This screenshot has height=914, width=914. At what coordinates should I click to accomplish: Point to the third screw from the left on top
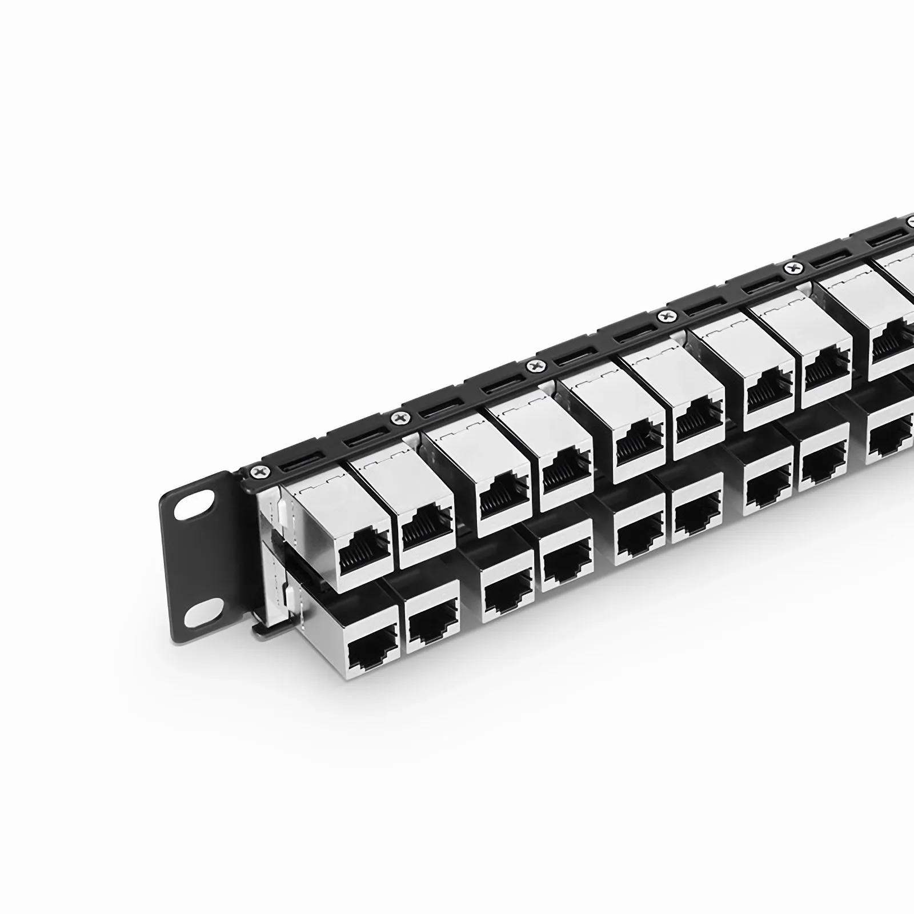[535, 364]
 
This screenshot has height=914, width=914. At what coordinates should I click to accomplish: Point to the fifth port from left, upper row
[639, 448]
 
